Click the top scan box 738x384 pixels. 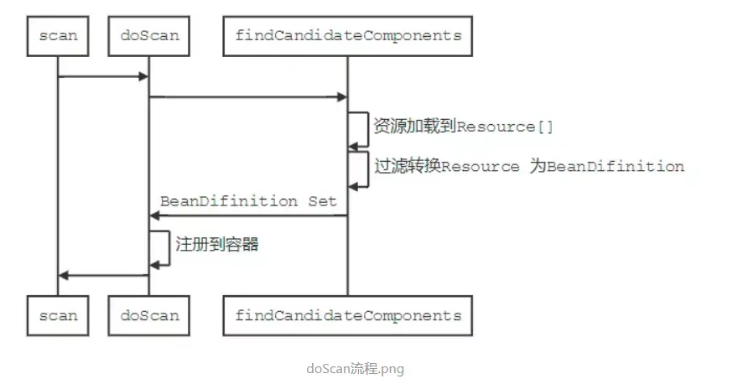pyautogui.click(x=58, y=35)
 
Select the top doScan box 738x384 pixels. pyautogui.click(x=149, y=35)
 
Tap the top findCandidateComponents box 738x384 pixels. pyautogui.click(x=348, y=35)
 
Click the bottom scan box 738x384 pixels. pyautogui.click(x=58, y=316)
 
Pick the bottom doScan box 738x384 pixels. pyautogui.click(x=149, y=316)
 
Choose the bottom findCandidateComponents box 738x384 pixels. pyautogui.click(x=348, y=316)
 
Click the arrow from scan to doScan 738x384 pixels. pyautogui.click(x=103, y=77)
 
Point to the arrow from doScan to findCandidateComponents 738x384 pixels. pyautogui.click(x=248, y=97)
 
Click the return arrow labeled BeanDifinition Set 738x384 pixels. pyautogui.click(x=248, y=216)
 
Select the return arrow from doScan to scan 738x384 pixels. pyautogui.click(x=103, y=275)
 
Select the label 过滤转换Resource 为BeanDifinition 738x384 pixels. pyautogui.click(x=528, y=166)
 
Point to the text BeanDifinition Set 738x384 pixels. pyautogui.click(x=248, y=201)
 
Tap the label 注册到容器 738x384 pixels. pyautogui.click(x=217, y=245)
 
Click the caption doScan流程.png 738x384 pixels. pyautogui.click(x=356, y=368)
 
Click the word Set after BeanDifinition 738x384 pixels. pyautogui.click(x=322, y=201)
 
